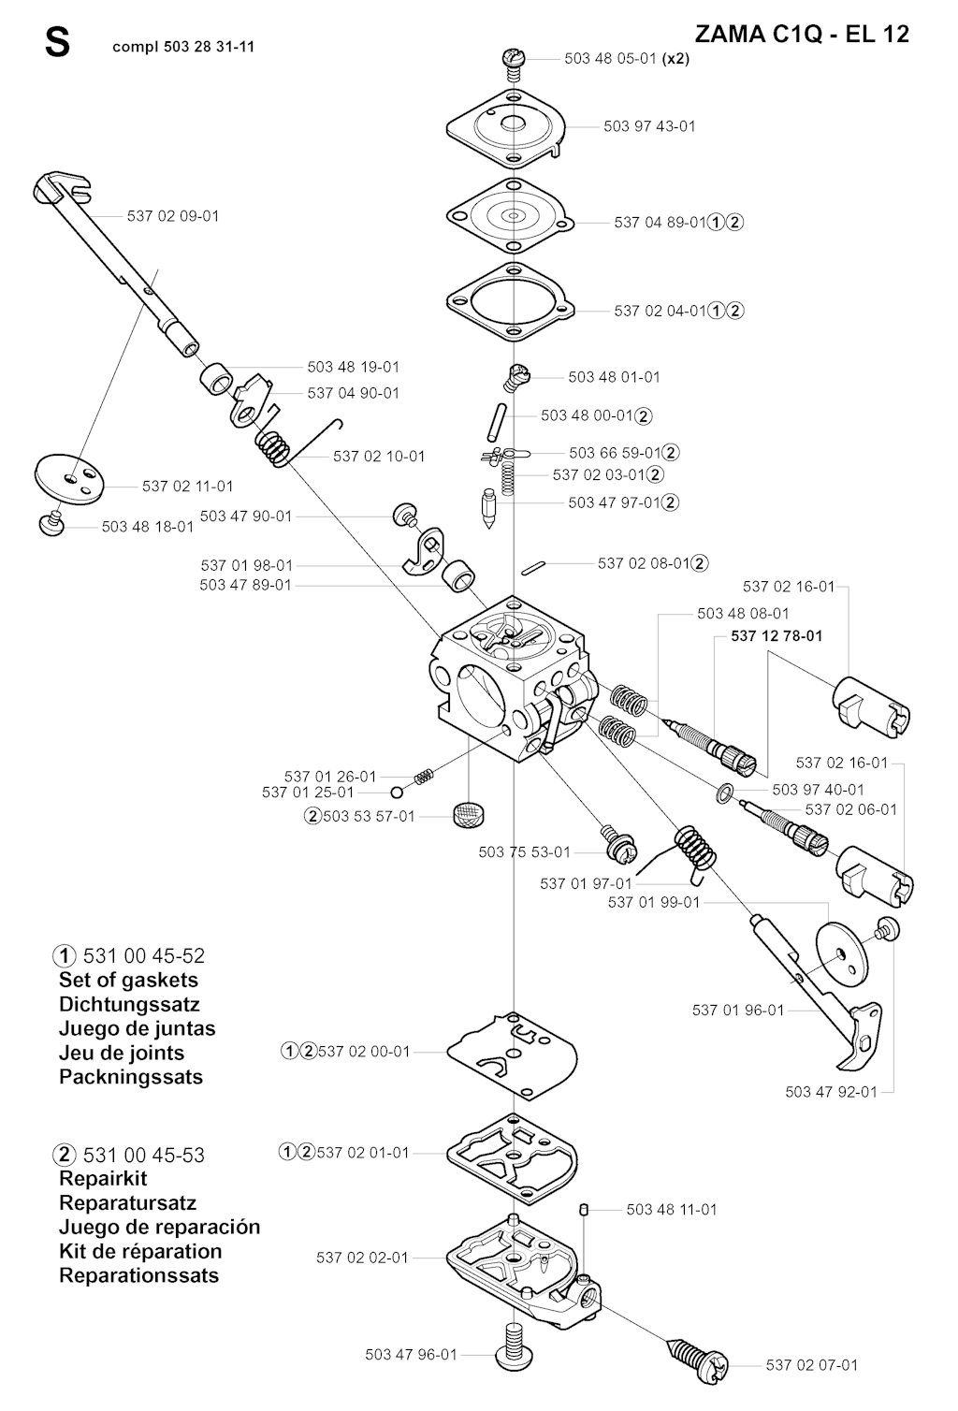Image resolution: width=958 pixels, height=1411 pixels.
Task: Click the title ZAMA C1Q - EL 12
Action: coord(802,35)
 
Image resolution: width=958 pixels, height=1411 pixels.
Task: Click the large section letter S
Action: coord(57,43)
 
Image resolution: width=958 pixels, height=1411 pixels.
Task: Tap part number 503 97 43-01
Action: coord(649,126)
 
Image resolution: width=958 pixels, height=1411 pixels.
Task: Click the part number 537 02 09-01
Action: coord(173,216)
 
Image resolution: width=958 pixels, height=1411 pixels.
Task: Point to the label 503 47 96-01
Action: coord(411,1354)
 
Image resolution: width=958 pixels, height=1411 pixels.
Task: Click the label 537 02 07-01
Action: coord(811,1365)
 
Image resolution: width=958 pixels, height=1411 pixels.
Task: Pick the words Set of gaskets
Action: coord(128,980)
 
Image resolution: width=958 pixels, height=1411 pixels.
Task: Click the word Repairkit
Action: coord(103,1178)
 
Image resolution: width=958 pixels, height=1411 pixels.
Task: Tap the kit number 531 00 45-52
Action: coord(143,956)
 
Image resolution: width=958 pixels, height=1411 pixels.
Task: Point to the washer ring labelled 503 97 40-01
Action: coord(723,793)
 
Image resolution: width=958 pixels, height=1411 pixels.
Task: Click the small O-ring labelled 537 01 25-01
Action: coord(398,793)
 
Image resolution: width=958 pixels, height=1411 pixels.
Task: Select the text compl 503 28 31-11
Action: coord(182,47)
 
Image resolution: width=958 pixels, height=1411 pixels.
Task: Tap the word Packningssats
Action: coord(131,1076)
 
